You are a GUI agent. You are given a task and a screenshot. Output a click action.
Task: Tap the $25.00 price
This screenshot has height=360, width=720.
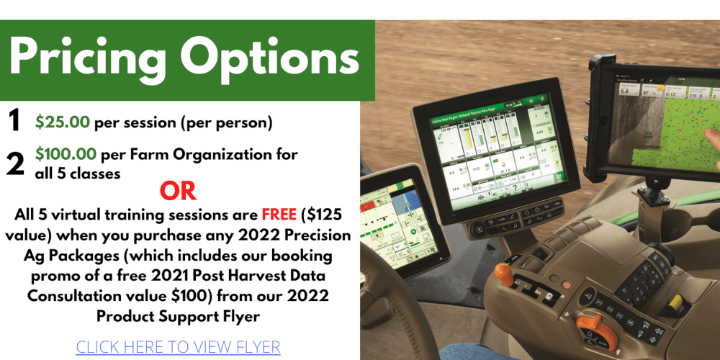click(63, 122)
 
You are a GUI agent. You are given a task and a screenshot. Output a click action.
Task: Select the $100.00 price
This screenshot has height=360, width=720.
click(66, 154)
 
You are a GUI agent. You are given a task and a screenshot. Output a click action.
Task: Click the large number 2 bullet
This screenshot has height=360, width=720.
click(15, 163)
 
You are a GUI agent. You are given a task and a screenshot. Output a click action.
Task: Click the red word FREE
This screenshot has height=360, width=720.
click(280, 215)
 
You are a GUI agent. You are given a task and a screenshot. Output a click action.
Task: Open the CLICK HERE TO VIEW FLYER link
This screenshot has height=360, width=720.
click(178, 347)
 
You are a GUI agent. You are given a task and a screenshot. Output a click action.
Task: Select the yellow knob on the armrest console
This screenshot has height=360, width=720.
click(676, 307)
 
